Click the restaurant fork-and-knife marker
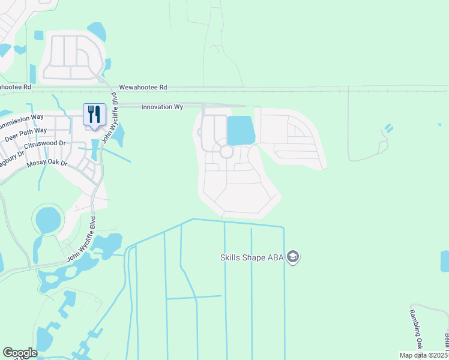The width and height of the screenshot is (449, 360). point(94,114)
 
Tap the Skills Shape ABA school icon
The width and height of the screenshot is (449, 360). point(293,257)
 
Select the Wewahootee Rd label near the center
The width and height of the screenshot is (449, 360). point(143,87)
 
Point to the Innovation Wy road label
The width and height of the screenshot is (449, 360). point(162,107)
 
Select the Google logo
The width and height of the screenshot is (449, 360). point(20,353)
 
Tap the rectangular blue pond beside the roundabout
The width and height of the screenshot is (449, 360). point(240,130)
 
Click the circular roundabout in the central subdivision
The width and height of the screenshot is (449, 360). point(226,151)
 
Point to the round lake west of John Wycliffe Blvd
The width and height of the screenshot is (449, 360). point(48,220)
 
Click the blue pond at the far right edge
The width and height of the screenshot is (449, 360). point(445,261)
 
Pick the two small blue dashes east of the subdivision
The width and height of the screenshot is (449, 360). point(388,128)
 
